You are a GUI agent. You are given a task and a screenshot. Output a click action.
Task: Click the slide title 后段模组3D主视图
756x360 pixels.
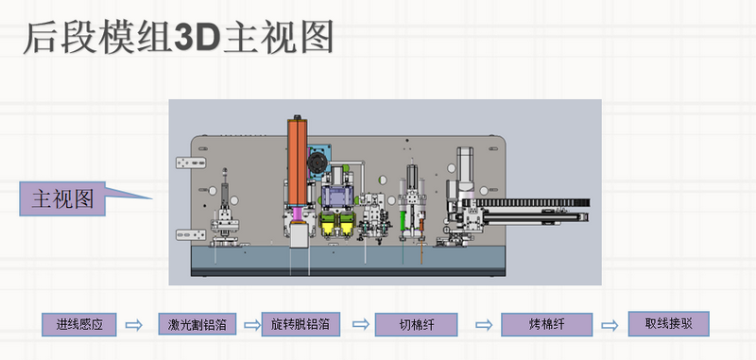(179, 38)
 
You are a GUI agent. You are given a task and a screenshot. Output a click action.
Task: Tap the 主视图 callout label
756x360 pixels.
(62, 198)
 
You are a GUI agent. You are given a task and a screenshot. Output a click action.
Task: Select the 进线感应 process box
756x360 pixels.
(79, 324)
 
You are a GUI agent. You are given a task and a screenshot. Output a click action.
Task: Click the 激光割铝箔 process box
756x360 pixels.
(198, 324)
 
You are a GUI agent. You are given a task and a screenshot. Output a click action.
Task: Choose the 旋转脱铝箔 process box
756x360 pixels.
(301, 324)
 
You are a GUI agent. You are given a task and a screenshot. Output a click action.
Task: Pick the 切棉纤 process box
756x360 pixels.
(417, 325)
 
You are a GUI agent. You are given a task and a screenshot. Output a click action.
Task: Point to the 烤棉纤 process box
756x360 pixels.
(547, 325)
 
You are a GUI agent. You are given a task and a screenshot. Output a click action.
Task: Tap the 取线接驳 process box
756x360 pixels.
(669, 324)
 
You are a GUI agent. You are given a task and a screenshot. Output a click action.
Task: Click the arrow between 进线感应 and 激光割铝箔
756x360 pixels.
(134, 325)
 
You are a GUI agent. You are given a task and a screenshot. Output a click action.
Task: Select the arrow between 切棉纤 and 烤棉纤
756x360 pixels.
(484, 325)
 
